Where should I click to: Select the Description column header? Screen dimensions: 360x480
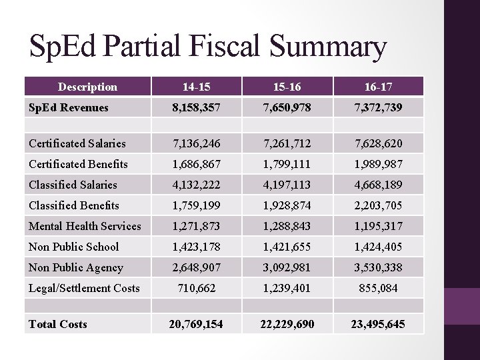coord(87,87)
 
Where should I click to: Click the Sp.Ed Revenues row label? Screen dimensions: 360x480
coord(67,107)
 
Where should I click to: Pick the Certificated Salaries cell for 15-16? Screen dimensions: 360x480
coord(287,143)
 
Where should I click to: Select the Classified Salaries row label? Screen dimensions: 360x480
coord(73,185)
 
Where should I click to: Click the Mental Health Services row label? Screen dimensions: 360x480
coord(85,226)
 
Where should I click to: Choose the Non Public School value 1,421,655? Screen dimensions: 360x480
coord(287,247)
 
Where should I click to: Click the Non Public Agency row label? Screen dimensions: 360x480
coord(75,267)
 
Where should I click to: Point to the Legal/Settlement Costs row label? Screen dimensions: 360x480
coord(84,288)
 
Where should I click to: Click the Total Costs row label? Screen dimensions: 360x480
coord(57,324)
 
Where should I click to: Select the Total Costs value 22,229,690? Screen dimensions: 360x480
coord(287,324)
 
